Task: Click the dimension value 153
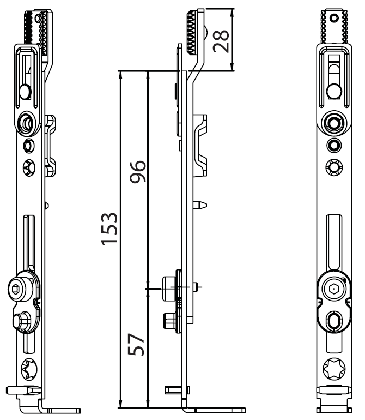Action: (x=109, y=229)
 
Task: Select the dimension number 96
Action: (x=138, y=171)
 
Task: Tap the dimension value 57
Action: (x=136, y=345)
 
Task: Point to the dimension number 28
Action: (x=221, y=41)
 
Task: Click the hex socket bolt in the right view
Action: (x=333, y=289)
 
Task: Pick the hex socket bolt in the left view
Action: (x=18, y=289)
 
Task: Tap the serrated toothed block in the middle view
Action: (x=191, y=32)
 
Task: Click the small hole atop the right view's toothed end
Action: (x=334, y=18)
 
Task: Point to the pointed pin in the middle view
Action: (x=200, y=205)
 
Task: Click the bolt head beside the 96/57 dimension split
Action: (x=169, y=289)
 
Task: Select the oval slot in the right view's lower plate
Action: (x=334, y=321)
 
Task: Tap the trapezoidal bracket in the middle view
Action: (x=200, y=146)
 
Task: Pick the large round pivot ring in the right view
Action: (x=334, y=124)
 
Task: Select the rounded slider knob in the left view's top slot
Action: (x=26, y=92)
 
